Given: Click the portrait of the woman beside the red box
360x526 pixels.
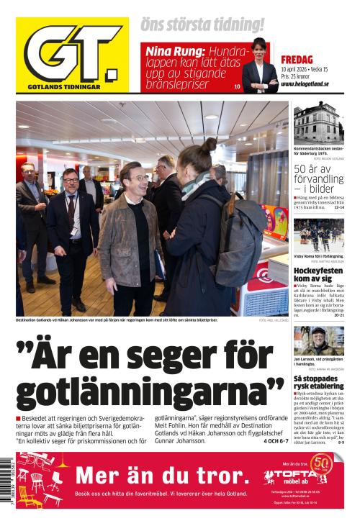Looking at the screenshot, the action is click(260, 67).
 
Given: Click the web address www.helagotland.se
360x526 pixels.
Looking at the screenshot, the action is click(305, 83).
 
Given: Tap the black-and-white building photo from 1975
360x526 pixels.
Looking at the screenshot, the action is click(318, 124).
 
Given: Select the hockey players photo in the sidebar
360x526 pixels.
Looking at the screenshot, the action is click(318, 235).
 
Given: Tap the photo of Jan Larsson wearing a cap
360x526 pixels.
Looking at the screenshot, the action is click(318, 340).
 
